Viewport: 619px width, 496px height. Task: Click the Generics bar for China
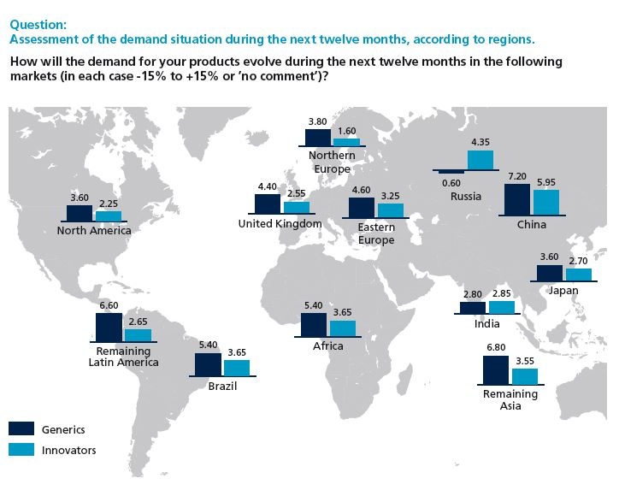click(517, 198)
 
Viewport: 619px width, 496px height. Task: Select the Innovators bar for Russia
click(480, 160)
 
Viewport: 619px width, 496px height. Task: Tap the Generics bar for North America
click(79, 213)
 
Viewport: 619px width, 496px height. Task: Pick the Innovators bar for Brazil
click(237, 368)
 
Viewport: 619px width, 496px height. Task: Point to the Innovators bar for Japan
click(579, 275)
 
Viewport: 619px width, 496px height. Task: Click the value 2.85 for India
click(502, 293)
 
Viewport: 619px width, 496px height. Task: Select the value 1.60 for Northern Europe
click(346, 131)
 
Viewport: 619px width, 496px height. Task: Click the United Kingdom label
click(280, 224)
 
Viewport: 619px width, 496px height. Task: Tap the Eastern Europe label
click(376, 233)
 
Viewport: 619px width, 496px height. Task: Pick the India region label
click(486, 324)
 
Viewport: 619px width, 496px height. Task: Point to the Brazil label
click(222, 387)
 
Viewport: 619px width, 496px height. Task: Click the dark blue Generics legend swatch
click(21, 428)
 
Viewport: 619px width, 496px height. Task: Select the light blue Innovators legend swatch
click(21, 449)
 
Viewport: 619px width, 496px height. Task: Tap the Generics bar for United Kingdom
click(268, 204)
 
